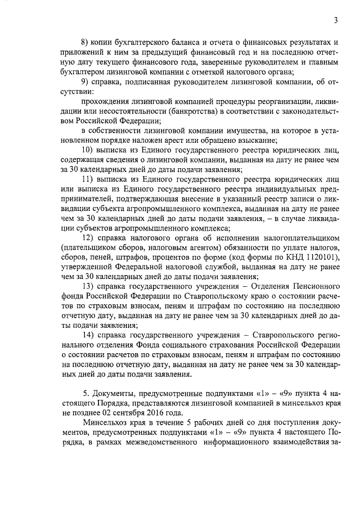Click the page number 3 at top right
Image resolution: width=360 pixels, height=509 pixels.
pos(335,21)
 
